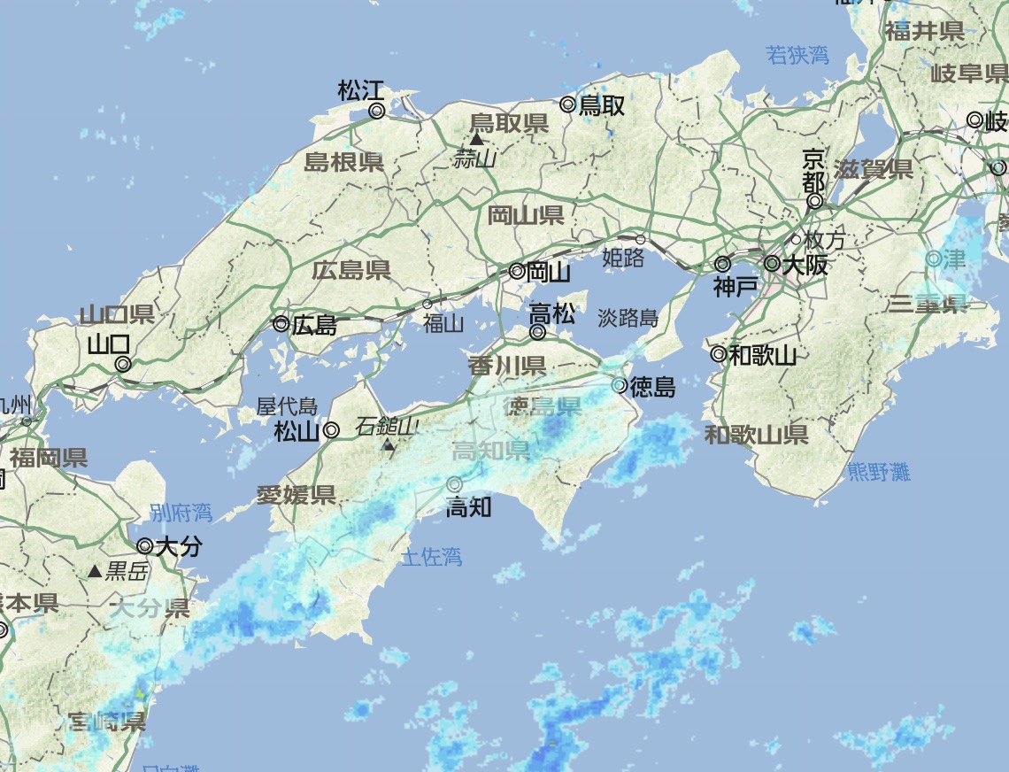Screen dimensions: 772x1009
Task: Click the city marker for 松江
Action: [376, 111]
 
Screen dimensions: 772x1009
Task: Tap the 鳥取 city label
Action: [602, 106]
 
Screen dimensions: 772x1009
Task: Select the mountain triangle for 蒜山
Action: [476, 139]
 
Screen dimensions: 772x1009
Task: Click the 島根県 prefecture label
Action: [343, 162]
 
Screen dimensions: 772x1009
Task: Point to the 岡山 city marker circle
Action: [517, 272]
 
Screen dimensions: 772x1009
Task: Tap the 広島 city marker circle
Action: [281, 324]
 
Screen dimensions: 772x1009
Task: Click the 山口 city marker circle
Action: [123, 364]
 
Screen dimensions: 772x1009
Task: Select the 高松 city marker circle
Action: [537, 333]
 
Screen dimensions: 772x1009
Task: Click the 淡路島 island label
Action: [628, 318]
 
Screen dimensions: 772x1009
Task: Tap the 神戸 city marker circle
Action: [722, 264]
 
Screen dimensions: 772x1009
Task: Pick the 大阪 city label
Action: [805, 264]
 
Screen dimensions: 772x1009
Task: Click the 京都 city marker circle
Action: [814, 202]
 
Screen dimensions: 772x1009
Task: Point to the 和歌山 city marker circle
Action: [719, 355]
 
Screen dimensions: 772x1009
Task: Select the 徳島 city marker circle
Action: [620, 385]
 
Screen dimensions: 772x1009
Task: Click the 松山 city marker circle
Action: [331, 431]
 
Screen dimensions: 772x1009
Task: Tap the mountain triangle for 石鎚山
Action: [388, 444]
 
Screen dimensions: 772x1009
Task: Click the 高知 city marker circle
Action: [455, 484]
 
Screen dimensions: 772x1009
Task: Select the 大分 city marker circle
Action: [145, 546]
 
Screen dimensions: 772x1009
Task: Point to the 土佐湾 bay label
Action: [431, 557]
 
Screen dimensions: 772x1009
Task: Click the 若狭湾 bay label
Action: [797, 56]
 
